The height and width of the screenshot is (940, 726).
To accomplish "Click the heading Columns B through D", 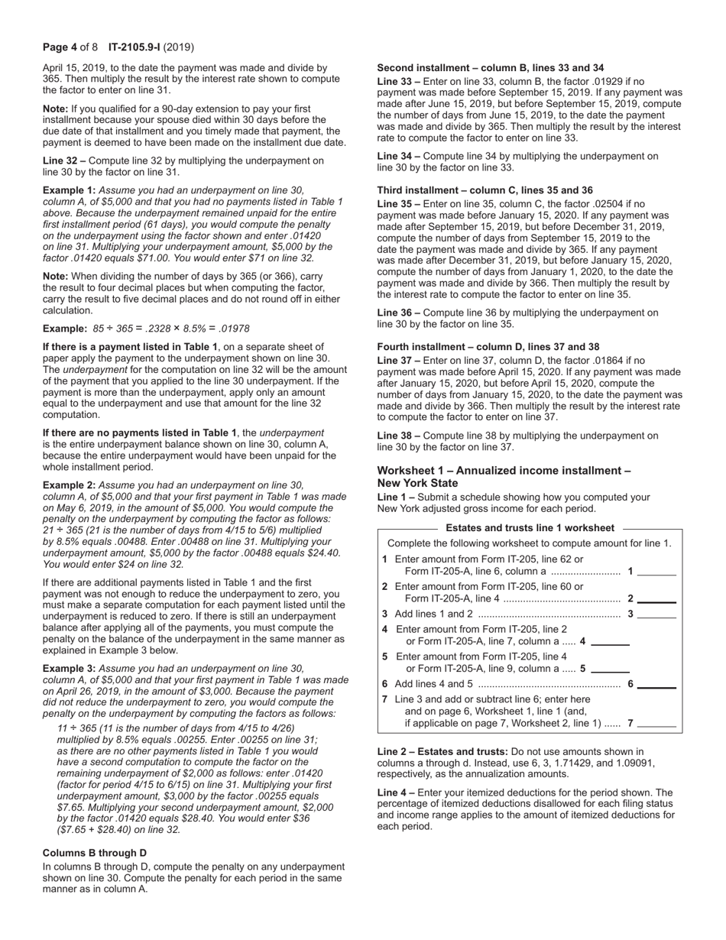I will tap(95, 852).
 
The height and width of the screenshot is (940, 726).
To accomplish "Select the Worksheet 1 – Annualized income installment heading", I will tap(504, 471).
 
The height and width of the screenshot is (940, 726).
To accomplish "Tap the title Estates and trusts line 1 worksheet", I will tap(530, 527).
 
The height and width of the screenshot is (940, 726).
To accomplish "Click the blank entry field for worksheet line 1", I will tap(656, 571).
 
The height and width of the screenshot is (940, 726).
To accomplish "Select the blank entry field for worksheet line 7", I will tap(656, 723).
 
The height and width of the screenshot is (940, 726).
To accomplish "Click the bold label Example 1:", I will tap(69, 190).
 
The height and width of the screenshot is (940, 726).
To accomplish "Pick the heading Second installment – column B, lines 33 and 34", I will tap(490, 68).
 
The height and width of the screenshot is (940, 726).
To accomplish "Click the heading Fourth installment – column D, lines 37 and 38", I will tap(488, 346).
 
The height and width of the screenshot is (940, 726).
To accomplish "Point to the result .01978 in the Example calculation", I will tap(233, 329).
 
